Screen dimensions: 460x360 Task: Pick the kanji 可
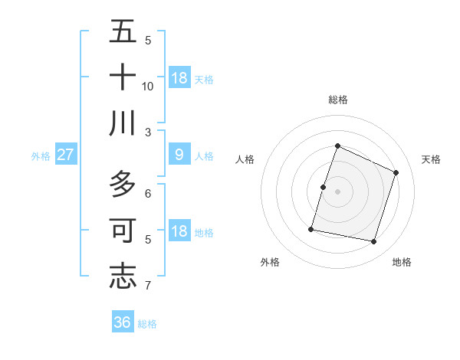pos(123,230)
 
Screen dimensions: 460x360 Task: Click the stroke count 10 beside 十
pos(148,86)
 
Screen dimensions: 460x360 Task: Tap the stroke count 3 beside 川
pos(148,132)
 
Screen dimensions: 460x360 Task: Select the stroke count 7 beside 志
pos(148,286)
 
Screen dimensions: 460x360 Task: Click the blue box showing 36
pos(123,322)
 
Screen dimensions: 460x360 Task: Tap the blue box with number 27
pos(65,155)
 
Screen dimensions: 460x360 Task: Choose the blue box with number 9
pos(179,155)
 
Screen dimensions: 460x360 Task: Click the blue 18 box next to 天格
pos(179,78)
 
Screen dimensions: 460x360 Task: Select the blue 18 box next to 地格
pos(179,232)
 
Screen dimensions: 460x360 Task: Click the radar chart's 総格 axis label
pos(337,100)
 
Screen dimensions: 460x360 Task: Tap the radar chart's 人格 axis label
pos(245,159)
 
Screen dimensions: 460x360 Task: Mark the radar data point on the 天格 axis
pos(396,172)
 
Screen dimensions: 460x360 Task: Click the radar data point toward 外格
pos(311,229)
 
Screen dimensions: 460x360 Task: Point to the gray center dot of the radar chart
pos(337,191)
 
